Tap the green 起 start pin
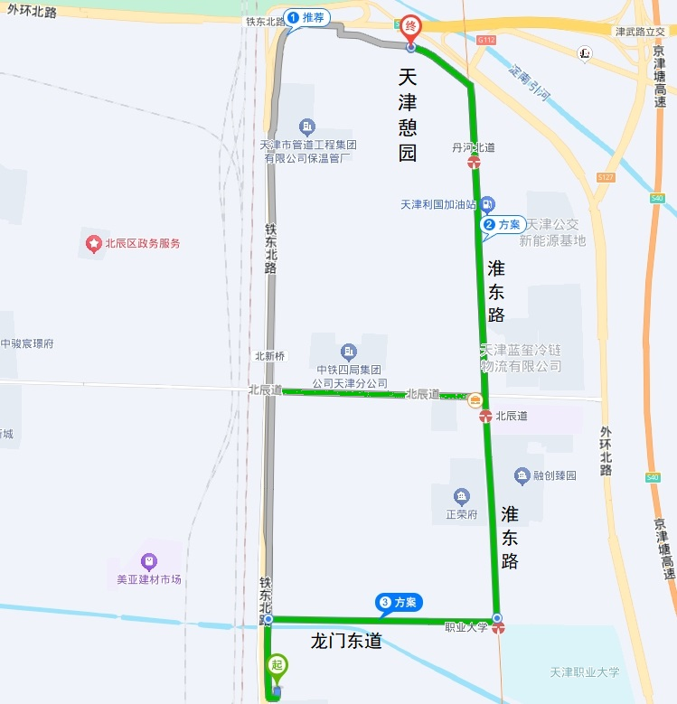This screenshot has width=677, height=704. tap(278, 666)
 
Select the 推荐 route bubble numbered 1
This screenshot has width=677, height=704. tap(306, 17)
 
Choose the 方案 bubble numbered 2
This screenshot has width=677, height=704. tap(503, 224)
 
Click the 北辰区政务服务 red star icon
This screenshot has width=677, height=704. tap(92, 243)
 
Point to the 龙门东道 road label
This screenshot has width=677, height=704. tap(346, 643)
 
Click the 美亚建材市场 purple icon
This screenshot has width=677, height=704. tap(149, 561)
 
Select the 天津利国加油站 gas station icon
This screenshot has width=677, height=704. tap(488, 203)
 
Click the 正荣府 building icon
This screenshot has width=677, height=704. tap(462, 496)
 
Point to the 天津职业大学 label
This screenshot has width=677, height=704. tap(585, 672)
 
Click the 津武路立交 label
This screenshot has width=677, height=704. tap(640, 32)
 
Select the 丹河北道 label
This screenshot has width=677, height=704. tap(474, 146)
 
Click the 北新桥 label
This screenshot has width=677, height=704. tap(269, 356)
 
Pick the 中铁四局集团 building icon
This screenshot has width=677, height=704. tap(349, 352)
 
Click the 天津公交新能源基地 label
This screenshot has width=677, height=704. tap(552, 232)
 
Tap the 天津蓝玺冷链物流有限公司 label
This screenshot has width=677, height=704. tap(522, 358)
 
